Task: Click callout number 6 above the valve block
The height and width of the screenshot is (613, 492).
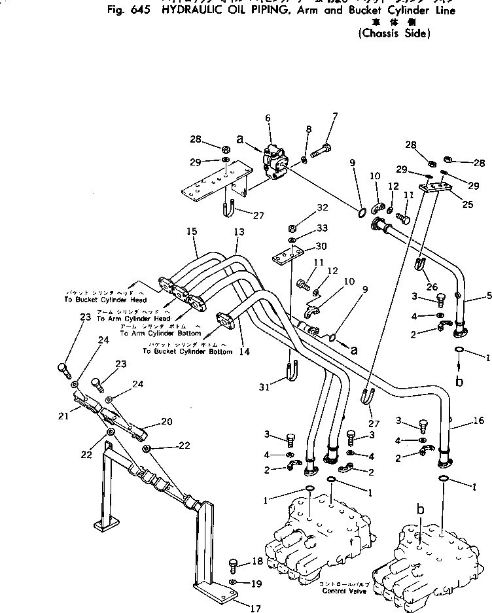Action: click(x=268, y=118)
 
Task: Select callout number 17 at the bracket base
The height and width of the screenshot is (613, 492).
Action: click(x=255, y=608)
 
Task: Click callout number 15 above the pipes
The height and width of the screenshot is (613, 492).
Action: click(x=191, y=232)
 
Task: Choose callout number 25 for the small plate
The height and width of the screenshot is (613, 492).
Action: click(x=467, y=205)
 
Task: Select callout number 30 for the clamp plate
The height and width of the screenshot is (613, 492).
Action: click(x=321, y=246)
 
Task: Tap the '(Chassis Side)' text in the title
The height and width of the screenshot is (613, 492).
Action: click(x=395, y=33)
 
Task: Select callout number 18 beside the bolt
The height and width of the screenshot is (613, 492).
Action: click(x=257, y=561)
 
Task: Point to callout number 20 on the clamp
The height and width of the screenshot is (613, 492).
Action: click(x=166, y=421)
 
